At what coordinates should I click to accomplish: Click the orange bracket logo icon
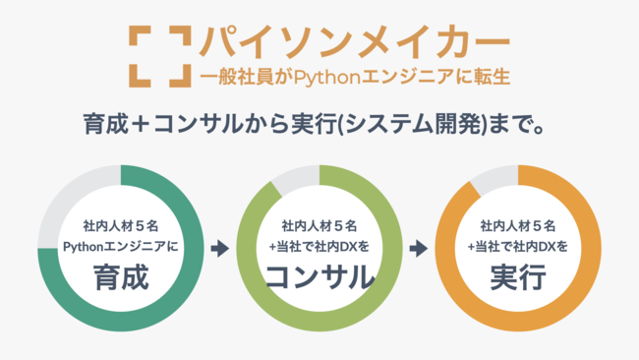pyautogui.click(x=158, y=54)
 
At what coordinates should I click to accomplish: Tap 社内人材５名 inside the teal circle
pyautogui.click(x=121, y=224)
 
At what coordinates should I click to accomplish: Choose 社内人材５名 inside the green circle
pyautogui.click(x=319, y=224)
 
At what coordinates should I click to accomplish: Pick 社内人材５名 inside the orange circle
pyautogui.click(x=518, y=224)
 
